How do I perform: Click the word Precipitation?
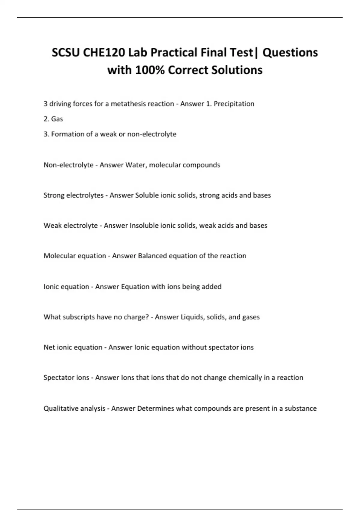click(x=234, y=104)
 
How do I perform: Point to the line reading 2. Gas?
click(x=53, y=119)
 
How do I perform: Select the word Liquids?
click(x=192, y=317)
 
